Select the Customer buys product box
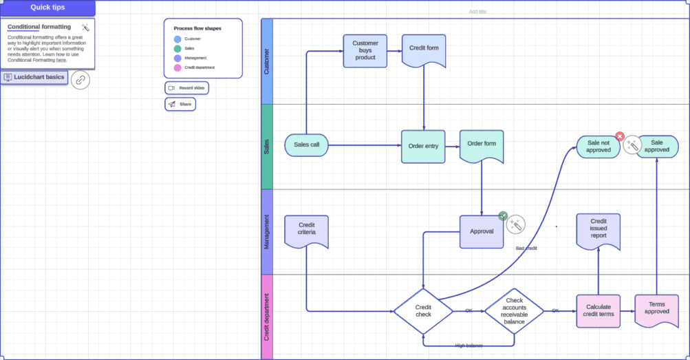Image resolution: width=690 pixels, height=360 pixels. pos(365,51)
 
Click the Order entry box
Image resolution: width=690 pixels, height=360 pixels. pos(423,147)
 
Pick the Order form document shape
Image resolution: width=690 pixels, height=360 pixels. pos(482,145)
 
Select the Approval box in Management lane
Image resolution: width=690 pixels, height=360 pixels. pos(482,231)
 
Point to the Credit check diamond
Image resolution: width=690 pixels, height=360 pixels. pos(423,311)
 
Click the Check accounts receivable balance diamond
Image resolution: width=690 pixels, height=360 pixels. pos(514,311)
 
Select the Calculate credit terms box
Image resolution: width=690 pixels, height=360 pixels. pos(599,310)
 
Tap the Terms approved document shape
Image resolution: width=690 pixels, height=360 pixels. pos(656,308)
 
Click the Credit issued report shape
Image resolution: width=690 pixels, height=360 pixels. pos(598,230)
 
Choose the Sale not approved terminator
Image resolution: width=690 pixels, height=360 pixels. pos(598,147)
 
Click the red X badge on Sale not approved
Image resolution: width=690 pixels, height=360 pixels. pos(619,137)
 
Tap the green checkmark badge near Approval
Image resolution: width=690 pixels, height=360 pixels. pos(503,216)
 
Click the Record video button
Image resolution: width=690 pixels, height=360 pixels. pos(186,88)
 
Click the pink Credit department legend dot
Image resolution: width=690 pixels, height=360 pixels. pos(177,67)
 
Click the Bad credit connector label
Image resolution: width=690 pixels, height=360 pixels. pos(526,248)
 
